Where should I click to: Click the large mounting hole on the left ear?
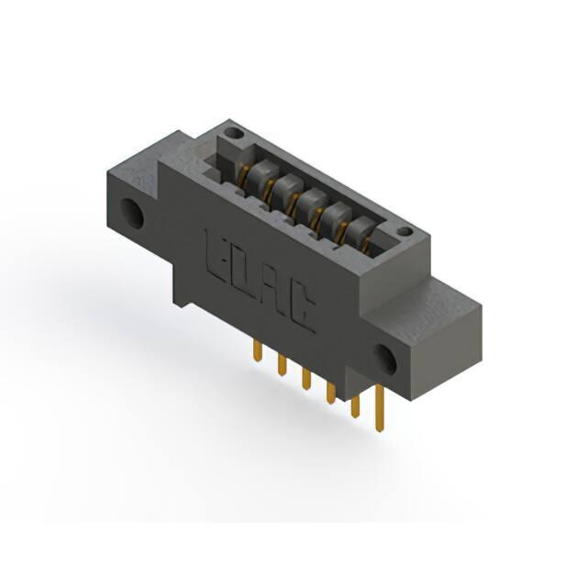click(x=132, y=215)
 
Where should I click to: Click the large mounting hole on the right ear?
click(x=385, y=360)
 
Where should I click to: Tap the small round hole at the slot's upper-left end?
click(x=234, y=132)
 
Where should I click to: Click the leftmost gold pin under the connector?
click(x=257, y=350)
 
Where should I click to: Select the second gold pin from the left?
click(x=282, y=365)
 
